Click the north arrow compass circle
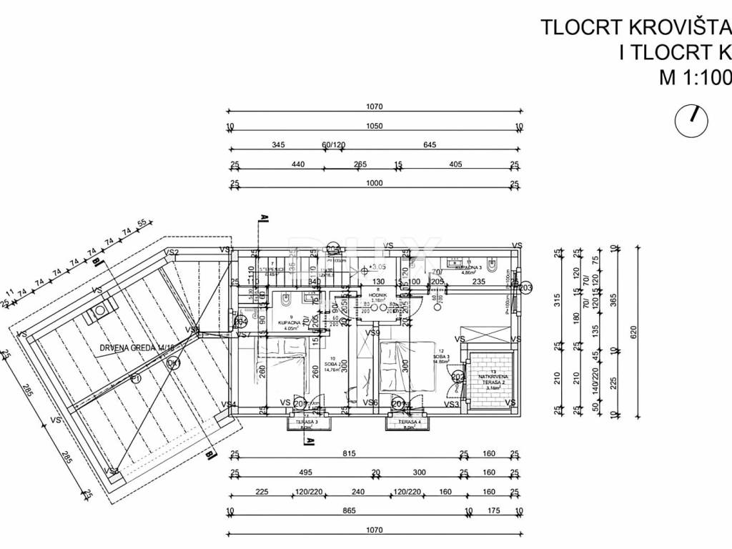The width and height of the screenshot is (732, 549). pyautogui.click(x=691, y=119)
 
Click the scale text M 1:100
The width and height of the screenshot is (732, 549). pyautogui.click(x=694, y=78)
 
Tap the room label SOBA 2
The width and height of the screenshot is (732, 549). pyautogui.click(x=331, y=365)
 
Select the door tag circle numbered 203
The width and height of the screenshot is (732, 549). pyautogui.click(x=526, y=287)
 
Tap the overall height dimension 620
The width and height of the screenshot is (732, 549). pyautogui.click(x=633, y=332)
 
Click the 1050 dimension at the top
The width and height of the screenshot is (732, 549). pyautogui.click(x=375, y=127)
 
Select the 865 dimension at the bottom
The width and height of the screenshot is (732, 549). pyautogui.click(x=348, y=512)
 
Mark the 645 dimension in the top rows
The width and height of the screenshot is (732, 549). pyautogui.click(x=429, y=145)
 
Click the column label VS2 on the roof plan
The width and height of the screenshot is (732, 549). pyautogui.click(x=172, y=252)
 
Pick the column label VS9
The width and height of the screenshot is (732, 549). pyautogui.click(x=372, y=332)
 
